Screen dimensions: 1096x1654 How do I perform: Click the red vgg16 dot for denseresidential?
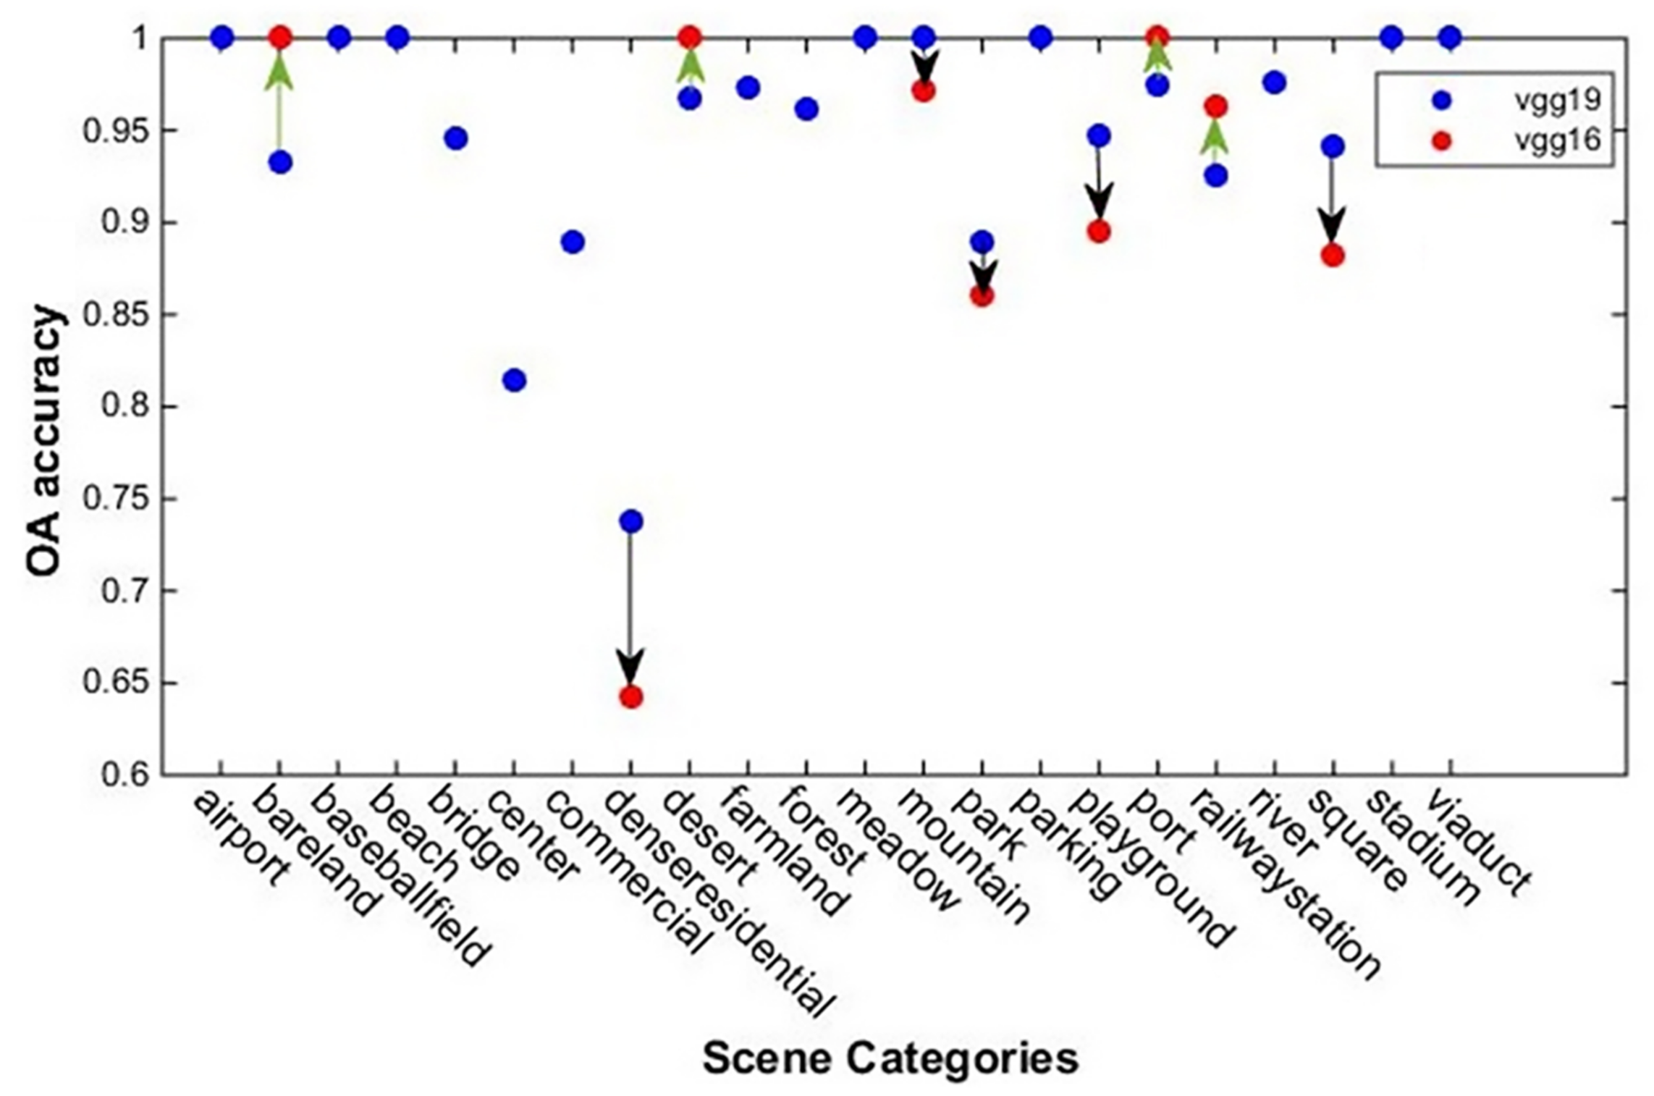click(x=630, y=697)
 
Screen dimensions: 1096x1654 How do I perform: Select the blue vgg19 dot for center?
click(x=514, y=380)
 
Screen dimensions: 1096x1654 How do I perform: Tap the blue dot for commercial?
click(x=573, y=242)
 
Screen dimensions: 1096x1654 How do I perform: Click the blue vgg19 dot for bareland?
click(x=281, y=162)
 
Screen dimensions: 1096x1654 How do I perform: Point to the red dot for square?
click(x=1333, y=256)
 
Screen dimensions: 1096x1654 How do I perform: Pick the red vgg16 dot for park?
click(x=982, y=296)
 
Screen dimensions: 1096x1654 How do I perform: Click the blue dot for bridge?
click(x=455, y=138)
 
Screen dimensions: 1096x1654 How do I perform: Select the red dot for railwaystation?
click(x=1216, y=107)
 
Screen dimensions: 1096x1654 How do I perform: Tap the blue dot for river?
click(x=1274, y=83)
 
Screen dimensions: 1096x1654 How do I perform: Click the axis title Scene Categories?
click(x=890, y=1059)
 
